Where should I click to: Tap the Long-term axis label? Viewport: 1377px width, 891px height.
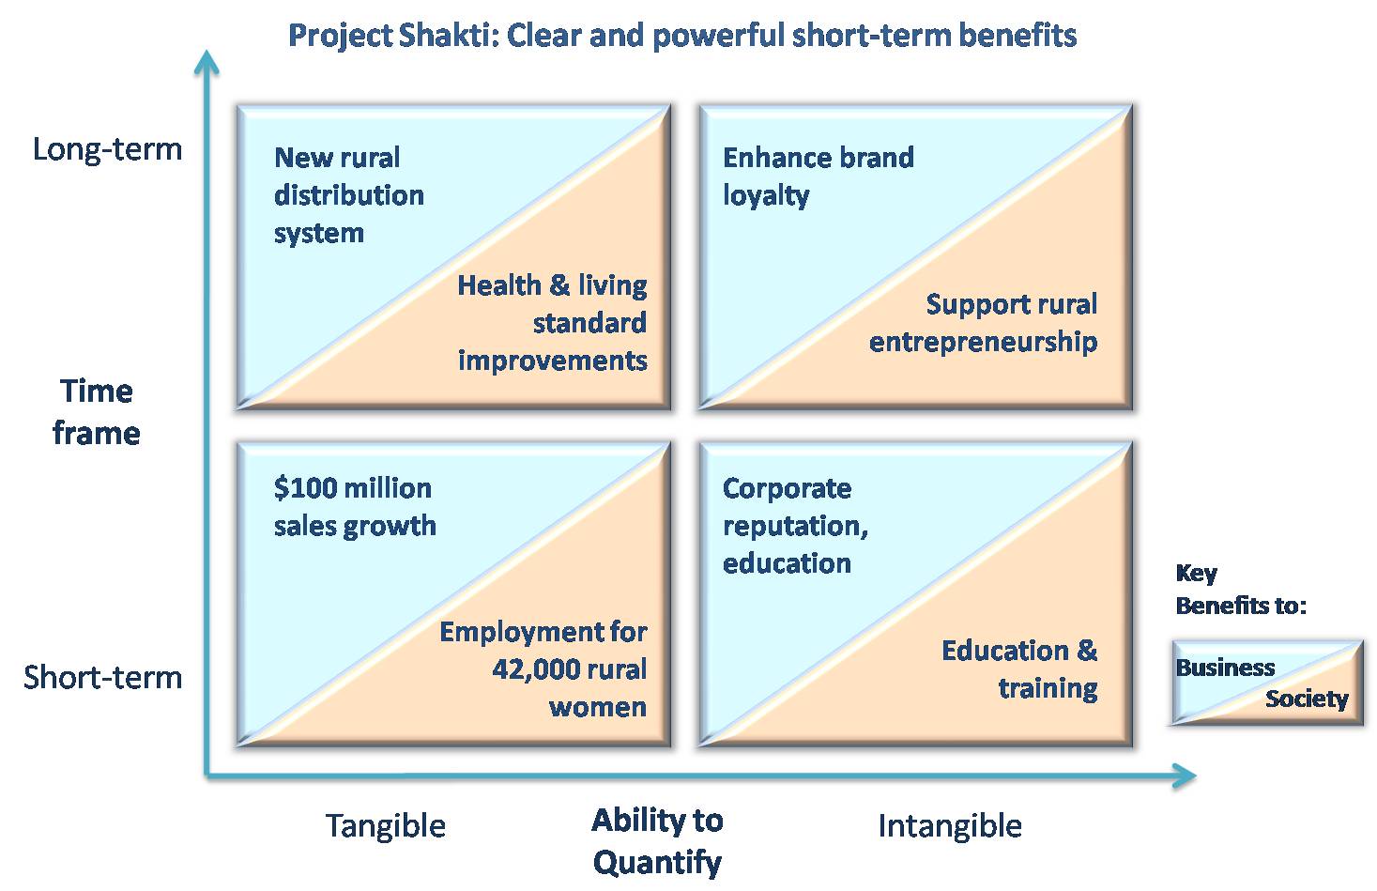pyautogui.click(x=108, y=149)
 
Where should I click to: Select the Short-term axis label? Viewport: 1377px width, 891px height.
pyautogui.click(x=102, y=678)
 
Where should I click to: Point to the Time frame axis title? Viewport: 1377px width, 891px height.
pyautogui.click(x=97, y=412)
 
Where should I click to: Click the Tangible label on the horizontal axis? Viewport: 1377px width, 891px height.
pyautogui.click(x=386, y=826)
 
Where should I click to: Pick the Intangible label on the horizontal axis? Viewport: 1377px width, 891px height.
pyautogui.click(x=950, y=825)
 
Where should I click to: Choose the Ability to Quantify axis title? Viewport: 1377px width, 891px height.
pyautogui.click(x=657, y=841)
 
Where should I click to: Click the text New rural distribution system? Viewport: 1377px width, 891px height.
pyautogui.click(x=349, y=195)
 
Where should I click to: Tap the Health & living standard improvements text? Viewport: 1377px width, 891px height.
pyautogui.click(x=552, y=323)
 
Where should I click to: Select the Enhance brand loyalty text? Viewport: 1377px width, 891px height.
pyautogui.click(x=819, y=177)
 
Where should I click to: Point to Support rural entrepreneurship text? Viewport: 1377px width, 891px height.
pyautogui.click(x=983, y=323)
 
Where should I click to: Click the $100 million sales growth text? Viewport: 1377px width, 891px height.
pyautogui.click(x=355, y=507)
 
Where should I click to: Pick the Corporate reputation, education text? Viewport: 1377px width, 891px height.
pyautogui.click(x=795, y=526)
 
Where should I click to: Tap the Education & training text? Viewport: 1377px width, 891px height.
pyautogui.click(x=1019, y=669)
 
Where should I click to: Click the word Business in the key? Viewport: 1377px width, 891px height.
pyautogui.click(x=1225, y=668)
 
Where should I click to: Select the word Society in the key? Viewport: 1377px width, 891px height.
pyautogui.click(x=1307, y=699)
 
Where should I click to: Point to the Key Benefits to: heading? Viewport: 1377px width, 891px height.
pyautogui.click(x=1241, y=590)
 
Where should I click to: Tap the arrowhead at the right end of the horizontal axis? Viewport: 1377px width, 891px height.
pyautogui.click(x=1184, y=776)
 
